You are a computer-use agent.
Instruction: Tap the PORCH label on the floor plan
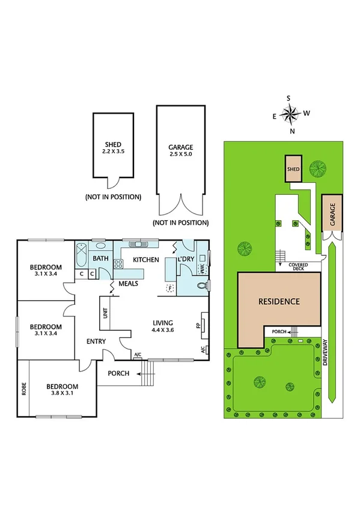[x=119, y=373]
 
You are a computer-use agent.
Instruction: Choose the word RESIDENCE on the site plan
[x=278, y=301]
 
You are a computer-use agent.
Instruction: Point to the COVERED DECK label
[x=299, y=267]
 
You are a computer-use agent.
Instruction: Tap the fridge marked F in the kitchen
[x=170, y=288]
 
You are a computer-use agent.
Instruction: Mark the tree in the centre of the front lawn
[x=260, y=381]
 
